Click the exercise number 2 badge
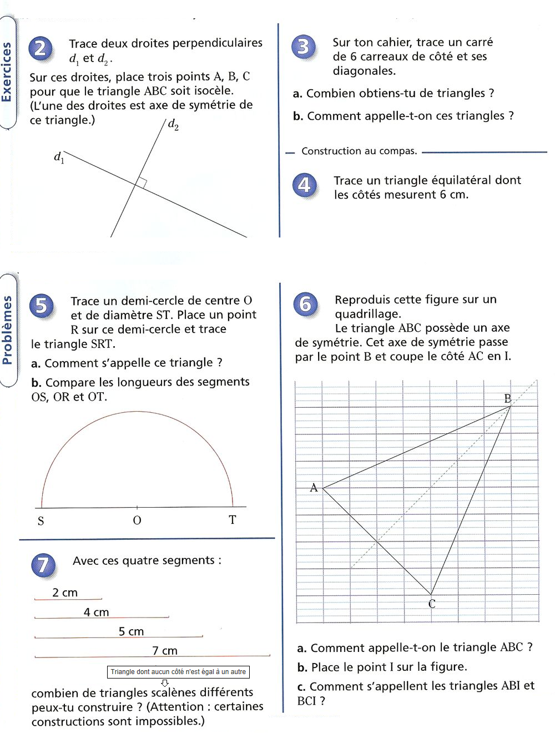click(41, 49)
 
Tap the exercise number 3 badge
click(303, 47)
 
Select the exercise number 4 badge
click(304, 185)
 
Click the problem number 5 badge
click(42, 306)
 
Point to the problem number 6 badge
click(305, 304)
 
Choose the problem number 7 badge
click(43, 565)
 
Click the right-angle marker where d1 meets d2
click(141, 183)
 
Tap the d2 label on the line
click(173, 124)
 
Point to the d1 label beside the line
click(59, 158)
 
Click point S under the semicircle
click(41, 520)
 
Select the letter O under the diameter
click(137, 520)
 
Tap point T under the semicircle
click(233, 520)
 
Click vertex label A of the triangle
click(314, 488)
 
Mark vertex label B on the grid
click(507, 398)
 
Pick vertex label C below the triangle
click(432, 604)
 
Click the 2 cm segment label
click(65, 593)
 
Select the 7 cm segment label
click(165, 650)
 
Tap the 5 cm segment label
click(131, 631)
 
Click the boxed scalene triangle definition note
click(178, 672)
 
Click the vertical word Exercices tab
click(7, 72)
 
